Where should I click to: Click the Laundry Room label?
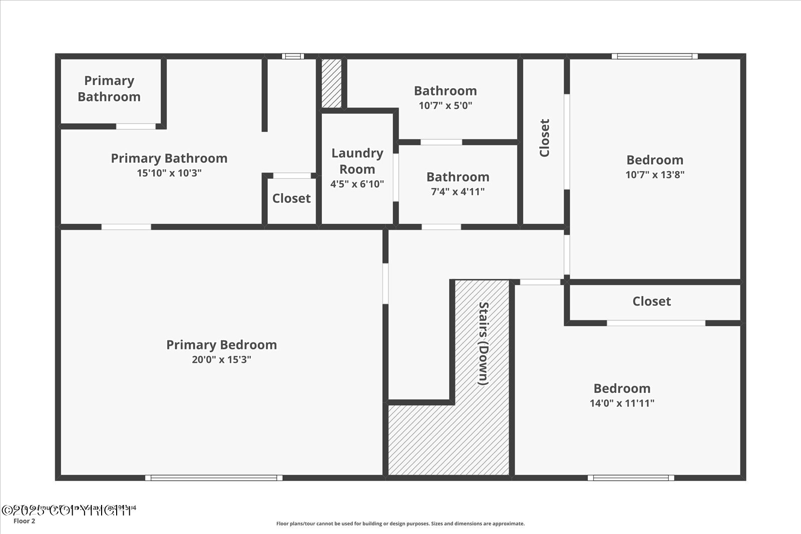click(x=357, y=161)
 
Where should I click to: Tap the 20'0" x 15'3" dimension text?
click(x=221, y=359)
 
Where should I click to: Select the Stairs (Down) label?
click(x=483, y=343)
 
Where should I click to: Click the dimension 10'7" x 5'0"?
click(x=445, y=106)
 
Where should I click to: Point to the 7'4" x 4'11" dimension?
click(x=458, y=191)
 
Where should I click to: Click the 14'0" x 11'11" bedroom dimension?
click(x=622, y=403)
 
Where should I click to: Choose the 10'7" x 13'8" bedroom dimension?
click(x=654, y=174)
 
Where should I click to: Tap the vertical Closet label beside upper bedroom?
click(x=545, y=138)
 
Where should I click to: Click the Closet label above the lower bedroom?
click(x=651, y=301)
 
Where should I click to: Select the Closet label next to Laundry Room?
click(x=291, y=198)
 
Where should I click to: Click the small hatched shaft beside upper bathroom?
click(x=331, y=83)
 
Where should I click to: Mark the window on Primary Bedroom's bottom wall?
click(x=214, y=478)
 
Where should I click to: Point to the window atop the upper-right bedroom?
click(x=654, y=56)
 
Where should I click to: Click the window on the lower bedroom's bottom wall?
click(x=630, y=478)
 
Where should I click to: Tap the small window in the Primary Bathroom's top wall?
click(x=292, y=56)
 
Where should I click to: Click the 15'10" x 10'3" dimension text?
click(x=169, y=173)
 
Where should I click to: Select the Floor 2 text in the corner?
click(x=25, y=521)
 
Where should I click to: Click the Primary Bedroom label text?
click(x=221, y=345)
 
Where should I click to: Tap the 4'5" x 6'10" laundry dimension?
click(x=357, y=184)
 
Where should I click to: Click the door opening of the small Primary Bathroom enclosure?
click(x=136, y=127)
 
